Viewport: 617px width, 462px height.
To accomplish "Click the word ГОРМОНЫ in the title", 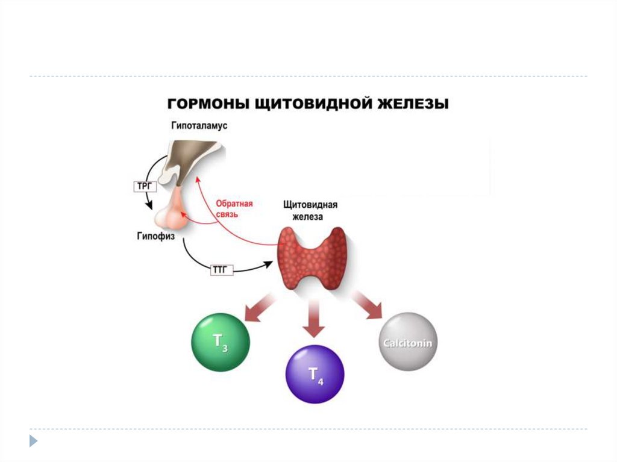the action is tap(199, 104).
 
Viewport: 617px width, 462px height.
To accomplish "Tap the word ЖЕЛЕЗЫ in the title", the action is tap(416, 104).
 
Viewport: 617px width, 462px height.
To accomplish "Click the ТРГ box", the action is tap(143, 187).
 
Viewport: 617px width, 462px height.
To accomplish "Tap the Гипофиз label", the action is tap(155, 237).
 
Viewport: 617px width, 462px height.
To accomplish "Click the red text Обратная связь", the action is tap(234, 209).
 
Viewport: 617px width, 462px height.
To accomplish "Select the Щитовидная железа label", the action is tap(310, 210).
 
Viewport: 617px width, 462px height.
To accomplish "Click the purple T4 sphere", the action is tap(315, 374).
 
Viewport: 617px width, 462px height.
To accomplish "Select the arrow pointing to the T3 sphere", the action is tap(258, 306).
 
